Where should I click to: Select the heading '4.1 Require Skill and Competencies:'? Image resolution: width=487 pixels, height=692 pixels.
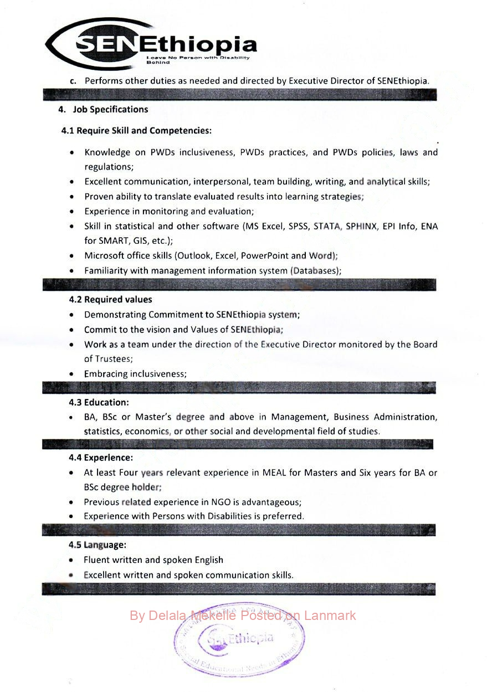point(136,131)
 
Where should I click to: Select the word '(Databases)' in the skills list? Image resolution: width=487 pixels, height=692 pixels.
point(315,271)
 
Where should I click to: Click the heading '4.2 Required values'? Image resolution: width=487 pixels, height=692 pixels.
point(110,300)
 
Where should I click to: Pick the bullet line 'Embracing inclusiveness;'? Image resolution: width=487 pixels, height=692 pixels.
point(135,374)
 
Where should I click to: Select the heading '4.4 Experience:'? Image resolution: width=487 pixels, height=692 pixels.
point(101,458)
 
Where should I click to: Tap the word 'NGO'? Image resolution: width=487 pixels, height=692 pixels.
point(217,502)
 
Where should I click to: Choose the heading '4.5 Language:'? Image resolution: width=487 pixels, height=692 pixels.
point(98,545)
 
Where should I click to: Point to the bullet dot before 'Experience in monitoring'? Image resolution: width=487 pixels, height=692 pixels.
point(72,212)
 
